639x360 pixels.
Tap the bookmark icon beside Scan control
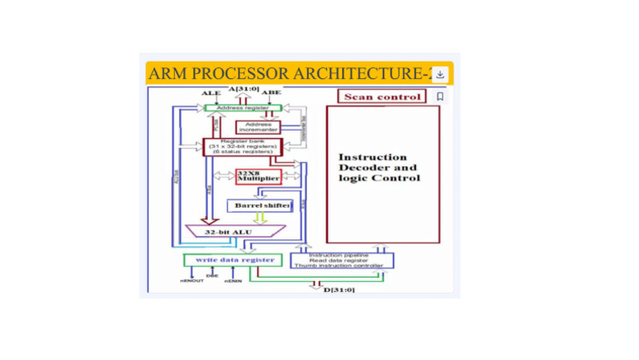440,96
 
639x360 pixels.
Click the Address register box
242,108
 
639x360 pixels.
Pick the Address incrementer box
259,127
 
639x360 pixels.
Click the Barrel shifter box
260,205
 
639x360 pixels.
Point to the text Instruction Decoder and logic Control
379,167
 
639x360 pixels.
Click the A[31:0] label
243,88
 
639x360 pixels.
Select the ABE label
271,92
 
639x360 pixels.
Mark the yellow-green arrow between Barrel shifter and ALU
260,218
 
